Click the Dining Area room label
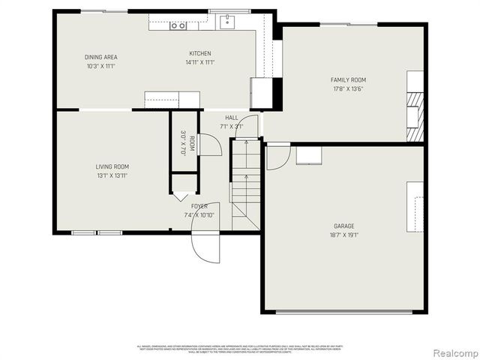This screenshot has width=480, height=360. [100, 57]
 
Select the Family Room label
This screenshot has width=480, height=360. [348, 79]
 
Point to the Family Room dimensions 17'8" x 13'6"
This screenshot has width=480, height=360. [348, 88]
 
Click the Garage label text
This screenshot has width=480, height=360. [344, 226]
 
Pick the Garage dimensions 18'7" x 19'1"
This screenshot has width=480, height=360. [344, 235]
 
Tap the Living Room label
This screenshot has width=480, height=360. [112, 166]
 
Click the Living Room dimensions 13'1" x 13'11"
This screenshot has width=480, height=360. [112, 175]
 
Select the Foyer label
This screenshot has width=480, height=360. [199, 205]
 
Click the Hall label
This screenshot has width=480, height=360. [232, 118]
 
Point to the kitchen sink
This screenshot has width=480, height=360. [227, 22]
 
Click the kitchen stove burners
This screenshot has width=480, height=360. [178, 25]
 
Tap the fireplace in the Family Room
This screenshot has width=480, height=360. [415, 116]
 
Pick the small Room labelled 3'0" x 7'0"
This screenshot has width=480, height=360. [184, 142]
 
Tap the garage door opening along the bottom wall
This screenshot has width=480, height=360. [344, 311]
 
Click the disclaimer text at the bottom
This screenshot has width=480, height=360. [239, 348]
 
